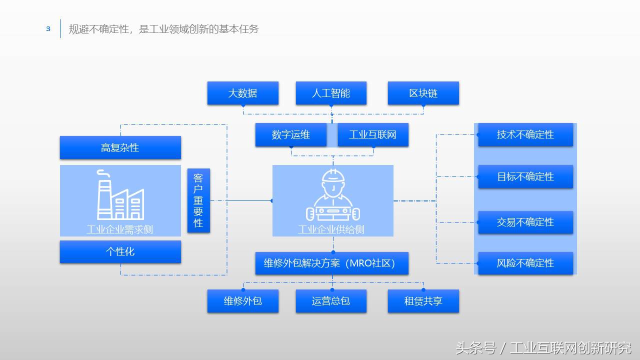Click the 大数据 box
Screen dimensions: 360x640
click(x=242, y=93)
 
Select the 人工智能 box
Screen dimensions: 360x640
click(x=331, y=93)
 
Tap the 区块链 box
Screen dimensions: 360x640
click(x=423, y=93)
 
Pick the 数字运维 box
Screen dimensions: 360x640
click(x=290, y=135)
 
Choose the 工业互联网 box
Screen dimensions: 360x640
click(x=373, y=135)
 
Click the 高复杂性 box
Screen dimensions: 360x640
click(x=120, y=148)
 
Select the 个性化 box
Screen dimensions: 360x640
click(x=120, y=251)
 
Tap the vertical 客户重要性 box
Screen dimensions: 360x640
click(x=198, y=200)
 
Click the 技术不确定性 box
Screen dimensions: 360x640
click(x=525, y=135)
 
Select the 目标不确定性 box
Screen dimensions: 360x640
click(x=525, y=177)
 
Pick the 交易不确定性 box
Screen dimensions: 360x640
click(x=525, y=222)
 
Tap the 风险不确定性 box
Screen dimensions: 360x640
click(x=525, y=263)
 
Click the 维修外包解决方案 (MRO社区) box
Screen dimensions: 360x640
click(x=331, y=263)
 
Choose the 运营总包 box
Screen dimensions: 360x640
click(x=331, y=301)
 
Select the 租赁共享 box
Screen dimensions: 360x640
click(x=423, y=301)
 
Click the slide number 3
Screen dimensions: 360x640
click(x=48, y=29)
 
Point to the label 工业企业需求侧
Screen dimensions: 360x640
click(x=120, y=230)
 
